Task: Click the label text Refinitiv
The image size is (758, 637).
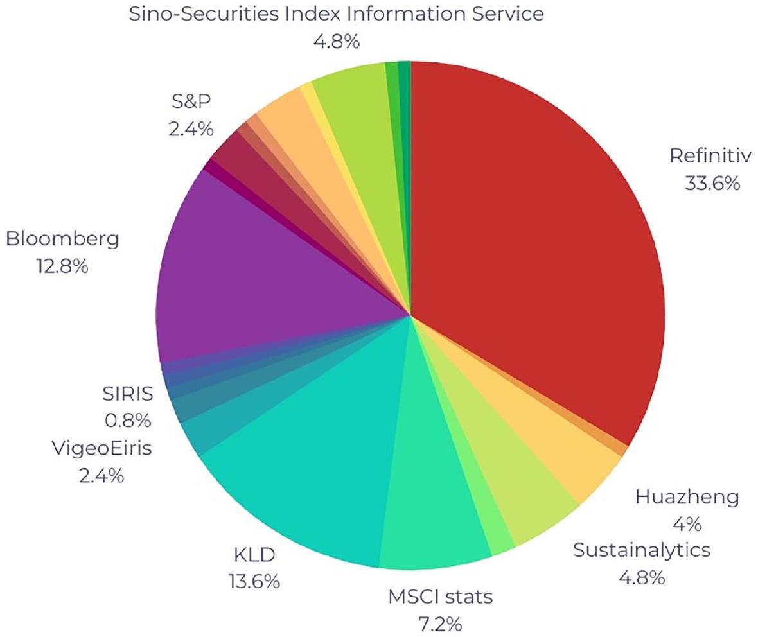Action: click(709, 156)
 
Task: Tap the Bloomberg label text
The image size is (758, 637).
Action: click(63, 240)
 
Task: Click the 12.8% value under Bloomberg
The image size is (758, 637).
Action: click(62, 265)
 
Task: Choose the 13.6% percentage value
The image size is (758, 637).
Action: click(254, 581)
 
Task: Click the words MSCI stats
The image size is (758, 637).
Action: click(440, 597)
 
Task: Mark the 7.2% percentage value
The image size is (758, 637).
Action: click(440, 624)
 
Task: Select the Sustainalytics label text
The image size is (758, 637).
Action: click(642, 550)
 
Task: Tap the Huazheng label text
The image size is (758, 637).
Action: click(687, 497)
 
